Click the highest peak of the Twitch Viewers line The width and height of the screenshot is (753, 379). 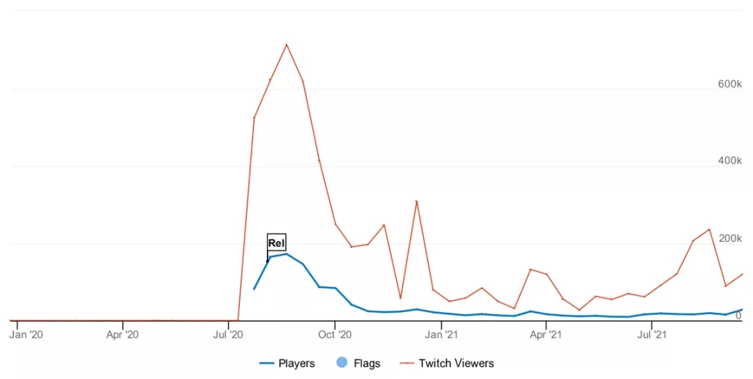[x=287, y=45]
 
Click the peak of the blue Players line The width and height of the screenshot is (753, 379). [x=287, y=254]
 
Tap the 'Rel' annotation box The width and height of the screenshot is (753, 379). [x=277, y=242]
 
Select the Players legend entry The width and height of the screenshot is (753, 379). [x=287, y=363]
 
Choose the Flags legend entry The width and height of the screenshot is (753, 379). [x=358, y=363]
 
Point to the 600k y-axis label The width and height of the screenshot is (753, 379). [x=729, y=84]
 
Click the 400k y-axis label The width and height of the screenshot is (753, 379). [x=729, y=161]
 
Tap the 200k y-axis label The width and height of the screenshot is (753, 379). [x=729, y=239]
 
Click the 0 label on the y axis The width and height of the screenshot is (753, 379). [x=738, y=316]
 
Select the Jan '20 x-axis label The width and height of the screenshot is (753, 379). [x=26, y=334]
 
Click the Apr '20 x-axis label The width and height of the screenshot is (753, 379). [x=123, y=334]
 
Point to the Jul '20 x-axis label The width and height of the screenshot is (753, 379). [x=229, y=334]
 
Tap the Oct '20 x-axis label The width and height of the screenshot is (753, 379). [x=335, y=334]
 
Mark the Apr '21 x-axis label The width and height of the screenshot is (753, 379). [x=546, y=334]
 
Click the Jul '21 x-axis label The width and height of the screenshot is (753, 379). [x=651, y=334]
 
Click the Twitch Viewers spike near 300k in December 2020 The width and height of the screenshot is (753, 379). [x=416, y=201]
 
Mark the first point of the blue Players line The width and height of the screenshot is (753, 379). [x=254, y=288]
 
